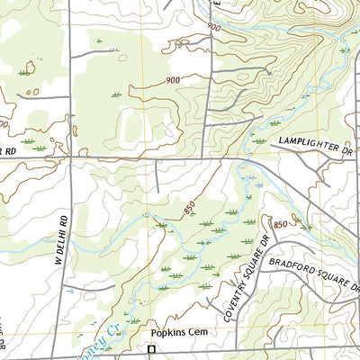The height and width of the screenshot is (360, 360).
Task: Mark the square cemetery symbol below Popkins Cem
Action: pyautogui.click(x=152, y=348)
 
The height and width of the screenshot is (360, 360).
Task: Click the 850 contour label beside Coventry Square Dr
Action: pyautogui.click(x=280, y=222)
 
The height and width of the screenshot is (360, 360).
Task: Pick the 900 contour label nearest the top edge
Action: pyautogui.click(x=213, y=27)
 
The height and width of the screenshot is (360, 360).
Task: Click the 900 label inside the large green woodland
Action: pyautogui.click(x=173, y=80)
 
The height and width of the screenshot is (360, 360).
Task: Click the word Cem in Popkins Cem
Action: pyautogui.click(x=196, y=332)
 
